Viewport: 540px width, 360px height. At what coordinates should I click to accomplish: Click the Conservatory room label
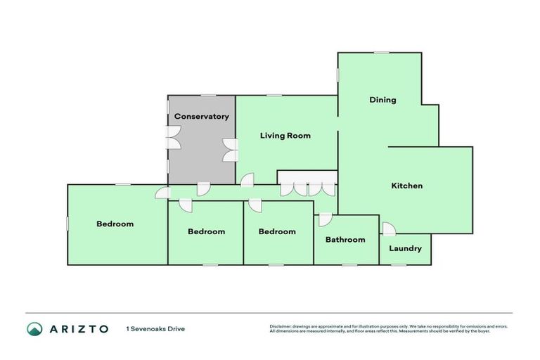(202, 117)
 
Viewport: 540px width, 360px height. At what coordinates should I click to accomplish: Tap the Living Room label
(285, 136)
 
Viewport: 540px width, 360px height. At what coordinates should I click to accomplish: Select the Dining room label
(382, 100)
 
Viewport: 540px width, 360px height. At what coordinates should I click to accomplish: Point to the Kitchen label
(406, 186)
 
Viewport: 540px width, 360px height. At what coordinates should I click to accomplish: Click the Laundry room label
(405, 248)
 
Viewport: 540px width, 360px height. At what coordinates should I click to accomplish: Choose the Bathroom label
(345, 240)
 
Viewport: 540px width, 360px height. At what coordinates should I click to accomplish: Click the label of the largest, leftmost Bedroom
(115, 224)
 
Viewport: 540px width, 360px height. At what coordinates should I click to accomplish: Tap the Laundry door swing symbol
(388, 229)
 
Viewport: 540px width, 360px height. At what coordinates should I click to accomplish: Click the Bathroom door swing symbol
(325, 219)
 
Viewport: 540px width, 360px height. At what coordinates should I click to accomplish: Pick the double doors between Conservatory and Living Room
(229, 150)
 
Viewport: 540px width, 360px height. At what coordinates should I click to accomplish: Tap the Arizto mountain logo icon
(34, 328)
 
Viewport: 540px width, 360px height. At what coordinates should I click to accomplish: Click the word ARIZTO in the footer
(78, 328)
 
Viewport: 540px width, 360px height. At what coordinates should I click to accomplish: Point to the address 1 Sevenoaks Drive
(155, 328)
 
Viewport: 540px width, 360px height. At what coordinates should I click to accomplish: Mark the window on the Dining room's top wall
(381, 53)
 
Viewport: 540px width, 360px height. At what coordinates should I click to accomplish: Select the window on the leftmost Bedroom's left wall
(67, 223)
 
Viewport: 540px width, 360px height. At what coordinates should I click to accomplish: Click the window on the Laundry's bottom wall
(399, 265)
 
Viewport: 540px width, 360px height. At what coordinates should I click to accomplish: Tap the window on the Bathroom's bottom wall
(349, 265)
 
